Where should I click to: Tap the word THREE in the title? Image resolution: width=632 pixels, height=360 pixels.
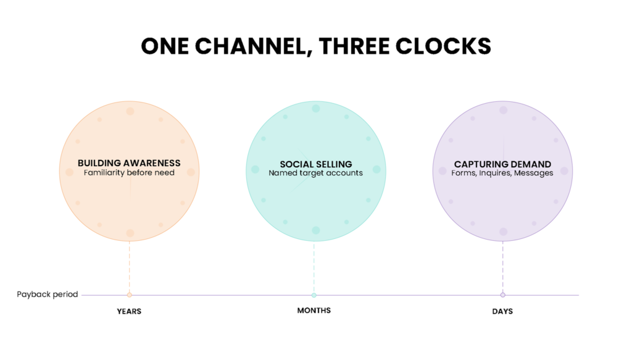[354, 46]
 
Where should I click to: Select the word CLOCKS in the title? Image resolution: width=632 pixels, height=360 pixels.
[443, 46]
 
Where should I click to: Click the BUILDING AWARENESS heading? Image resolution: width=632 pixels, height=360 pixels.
[129, 163]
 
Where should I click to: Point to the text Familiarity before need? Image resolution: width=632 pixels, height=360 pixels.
[129, 173]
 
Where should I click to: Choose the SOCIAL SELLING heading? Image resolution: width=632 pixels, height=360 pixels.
[316, 164]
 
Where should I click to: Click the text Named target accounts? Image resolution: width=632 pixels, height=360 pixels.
[315, 173]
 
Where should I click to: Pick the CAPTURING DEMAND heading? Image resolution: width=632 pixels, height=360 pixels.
[502, 164]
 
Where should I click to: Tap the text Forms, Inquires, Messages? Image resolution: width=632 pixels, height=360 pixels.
[502, 173]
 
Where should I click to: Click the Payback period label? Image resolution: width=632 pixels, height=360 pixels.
[47, 295]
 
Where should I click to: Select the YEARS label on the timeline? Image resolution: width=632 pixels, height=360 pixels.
[129, 311]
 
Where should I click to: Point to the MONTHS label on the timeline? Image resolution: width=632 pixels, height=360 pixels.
[314, 311]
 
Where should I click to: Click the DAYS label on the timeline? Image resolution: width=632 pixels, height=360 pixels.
[502, 311]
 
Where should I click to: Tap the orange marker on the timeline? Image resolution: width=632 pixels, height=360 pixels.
[130, 295]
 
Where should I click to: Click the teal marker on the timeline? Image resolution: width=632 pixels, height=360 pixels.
[314, 295]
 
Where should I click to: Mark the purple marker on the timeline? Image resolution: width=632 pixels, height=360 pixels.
[502, 295]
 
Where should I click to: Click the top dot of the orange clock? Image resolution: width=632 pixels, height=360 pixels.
[130, 111]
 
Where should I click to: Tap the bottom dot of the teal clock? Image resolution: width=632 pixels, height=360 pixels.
[316, 230]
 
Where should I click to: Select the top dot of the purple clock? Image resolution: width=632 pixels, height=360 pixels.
[504, 110]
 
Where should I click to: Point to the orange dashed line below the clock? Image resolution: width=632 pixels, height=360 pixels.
[130, 267]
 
